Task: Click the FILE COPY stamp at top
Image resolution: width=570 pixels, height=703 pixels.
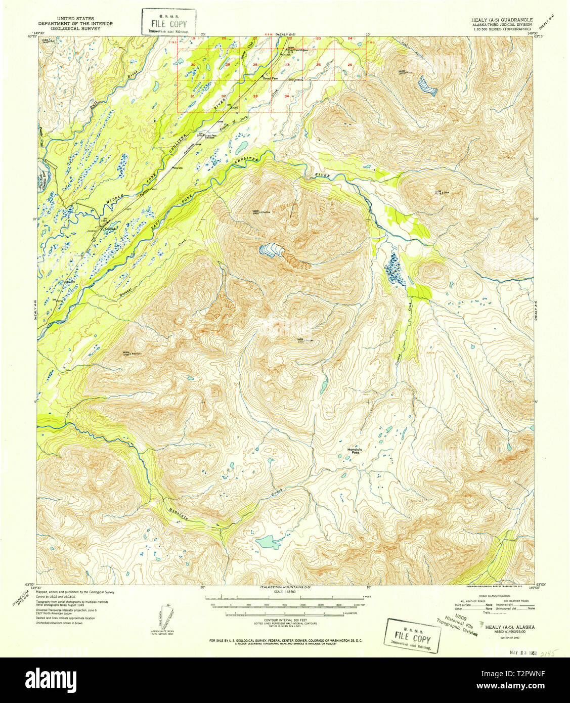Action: coord(168,23)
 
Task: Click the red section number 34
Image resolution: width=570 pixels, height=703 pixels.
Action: coord(287,96)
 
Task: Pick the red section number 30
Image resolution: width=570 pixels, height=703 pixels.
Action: coord(193,65)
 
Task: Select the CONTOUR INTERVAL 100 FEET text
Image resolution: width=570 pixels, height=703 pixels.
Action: coord(285,620)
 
